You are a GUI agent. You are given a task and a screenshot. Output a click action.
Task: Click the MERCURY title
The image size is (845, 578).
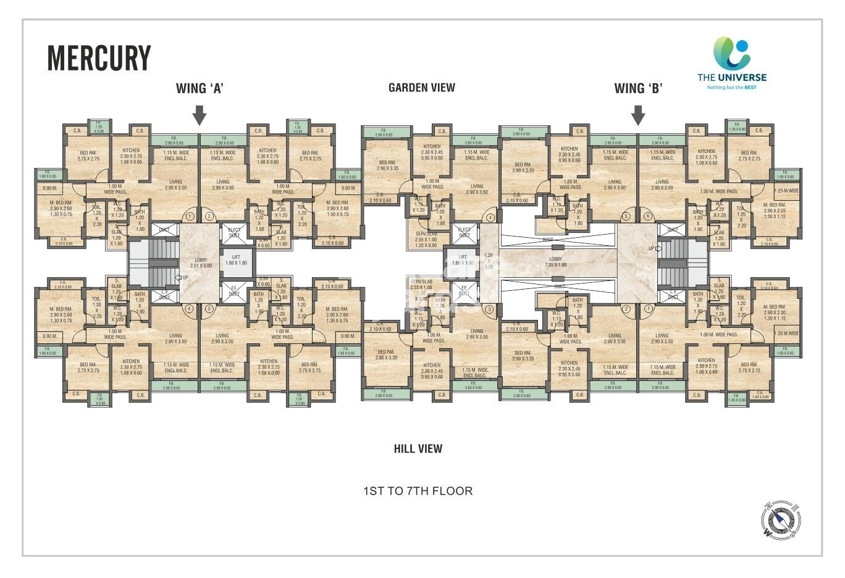click(x=99, y=58)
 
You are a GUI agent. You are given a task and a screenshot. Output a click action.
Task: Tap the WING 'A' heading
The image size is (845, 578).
click(x=199, y=88)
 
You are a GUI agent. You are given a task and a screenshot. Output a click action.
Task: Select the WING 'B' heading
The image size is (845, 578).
click(x=637, y=88)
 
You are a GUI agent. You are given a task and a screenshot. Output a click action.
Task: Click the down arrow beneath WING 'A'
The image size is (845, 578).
click(x=199, y=115)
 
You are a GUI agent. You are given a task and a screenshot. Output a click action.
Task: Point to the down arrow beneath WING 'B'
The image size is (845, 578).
click(x=638, y=115)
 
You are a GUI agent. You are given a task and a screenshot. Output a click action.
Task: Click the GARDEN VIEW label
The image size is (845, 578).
click(x=421, y=88)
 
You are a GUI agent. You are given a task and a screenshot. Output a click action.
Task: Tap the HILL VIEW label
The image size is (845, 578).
click(x=418, y=449)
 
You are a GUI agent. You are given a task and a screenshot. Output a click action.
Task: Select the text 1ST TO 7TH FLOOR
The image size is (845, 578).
click(x=418, y=492)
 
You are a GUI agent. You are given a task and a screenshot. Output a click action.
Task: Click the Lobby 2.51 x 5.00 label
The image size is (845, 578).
click(x=201, y=263)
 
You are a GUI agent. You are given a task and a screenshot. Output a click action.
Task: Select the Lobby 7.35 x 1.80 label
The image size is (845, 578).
click(x=555, y=262)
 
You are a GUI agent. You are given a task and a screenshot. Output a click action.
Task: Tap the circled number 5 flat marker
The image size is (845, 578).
click(x=626, y=216)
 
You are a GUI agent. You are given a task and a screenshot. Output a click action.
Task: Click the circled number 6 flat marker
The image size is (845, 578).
click(x=647, y=216)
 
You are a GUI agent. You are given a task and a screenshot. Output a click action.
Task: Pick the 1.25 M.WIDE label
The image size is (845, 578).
click(x=786, y=191)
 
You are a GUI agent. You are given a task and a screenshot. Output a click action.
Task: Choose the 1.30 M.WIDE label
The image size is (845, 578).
click(x=786, y=333)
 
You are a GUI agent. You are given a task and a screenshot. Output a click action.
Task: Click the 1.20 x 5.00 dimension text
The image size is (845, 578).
click(x=489, y=261)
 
